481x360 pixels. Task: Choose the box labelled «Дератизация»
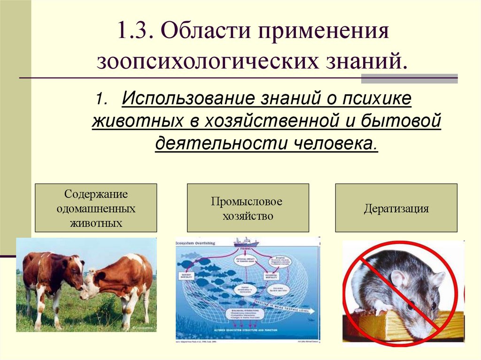click(396, 208)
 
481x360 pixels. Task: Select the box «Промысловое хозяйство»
click(248, 208)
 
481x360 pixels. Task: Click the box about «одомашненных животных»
click(96, 208)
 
